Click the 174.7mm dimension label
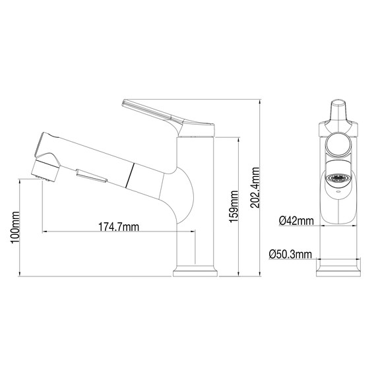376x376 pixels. click(x=119, y=227)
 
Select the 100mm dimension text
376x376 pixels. click(x=15, y=228)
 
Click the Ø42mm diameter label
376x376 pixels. click(x=296, y=221)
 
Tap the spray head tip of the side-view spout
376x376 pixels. click(x=44, y=168)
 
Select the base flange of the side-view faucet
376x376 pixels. click(x=195, y=271)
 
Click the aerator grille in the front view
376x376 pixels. click(x=339, y=178)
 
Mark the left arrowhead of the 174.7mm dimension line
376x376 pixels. click(x=45, y=232)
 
